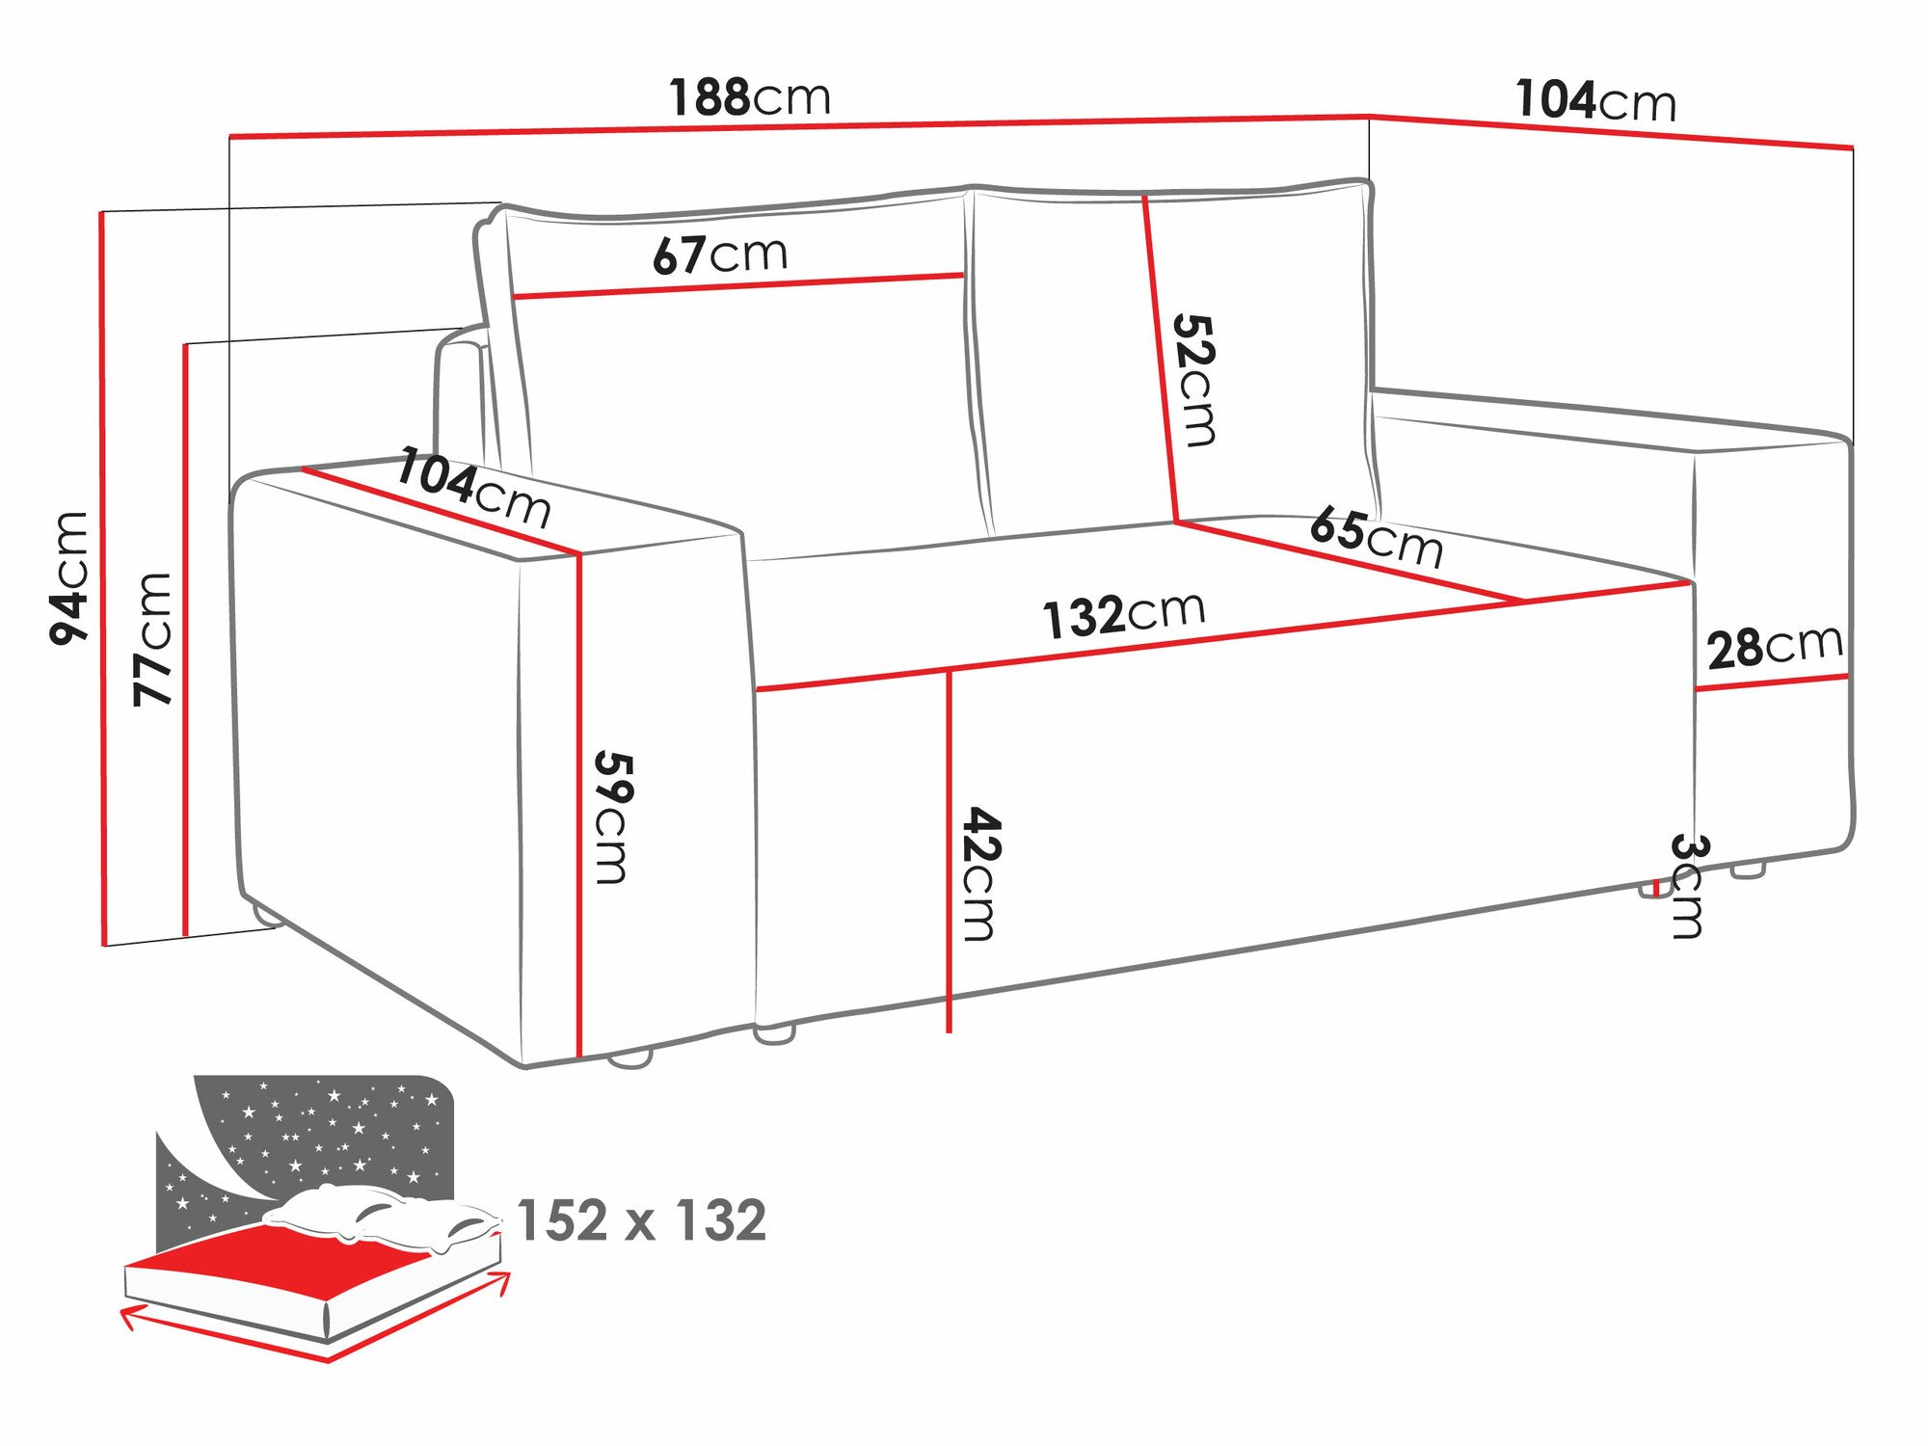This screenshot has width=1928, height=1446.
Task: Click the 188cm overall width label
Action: click(750, 97)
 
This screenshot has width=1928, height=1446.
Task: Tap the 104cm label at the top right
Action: click(1595, 100)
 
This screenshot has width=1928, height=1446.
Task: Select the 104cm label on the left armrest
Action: click(473, 488)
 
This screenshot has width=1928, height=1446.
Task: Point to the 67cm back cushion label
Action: click(720, 254)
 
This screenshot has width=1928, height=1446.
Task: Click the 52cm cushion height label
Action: click(1195, 380)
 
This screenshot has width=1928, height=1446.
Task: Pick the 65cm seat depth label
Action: click(1376, 538)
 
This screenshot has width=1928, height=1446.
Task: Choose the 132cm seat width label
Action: click(1123, 614)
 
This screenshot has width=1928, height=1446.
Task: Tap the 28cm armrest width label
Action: click(1774, 647)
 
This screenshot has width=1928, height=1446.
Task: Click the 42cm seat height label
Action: click(981, 873)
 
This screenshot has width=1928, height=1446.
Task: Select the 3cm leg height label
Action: click(1688, 885)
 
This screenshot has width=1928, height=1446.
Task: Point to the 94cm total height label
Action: click(69, 578)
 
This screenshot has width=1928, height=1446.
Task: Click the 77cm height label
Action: click(152, 639)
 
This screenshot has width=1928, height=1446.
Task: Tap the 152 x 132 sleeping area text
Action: click(641, 1220)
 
